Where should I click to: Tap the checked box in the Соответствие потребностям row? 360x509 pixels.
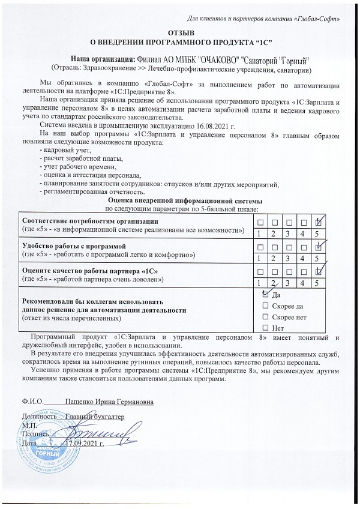click(x=320, y=222)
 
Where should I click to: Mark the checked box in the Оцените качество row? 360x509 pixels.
click(x=320, y=271)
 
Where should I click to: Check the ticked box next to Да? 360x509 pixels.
click(x=266, y=295)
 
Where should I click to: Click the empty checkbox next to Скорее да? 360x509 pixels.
click(x=266, y=306)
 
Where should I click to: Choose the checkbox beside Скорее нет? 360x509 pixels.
click(x=266, y=316)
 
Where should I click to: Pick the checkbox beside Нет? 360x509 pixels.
click(x=266, y=327)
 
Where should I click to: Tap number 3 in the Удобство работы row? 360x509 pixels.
click(x=289, y=258)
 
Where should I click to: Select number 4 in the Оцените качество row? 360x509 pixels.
click(x=305, y=282)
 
